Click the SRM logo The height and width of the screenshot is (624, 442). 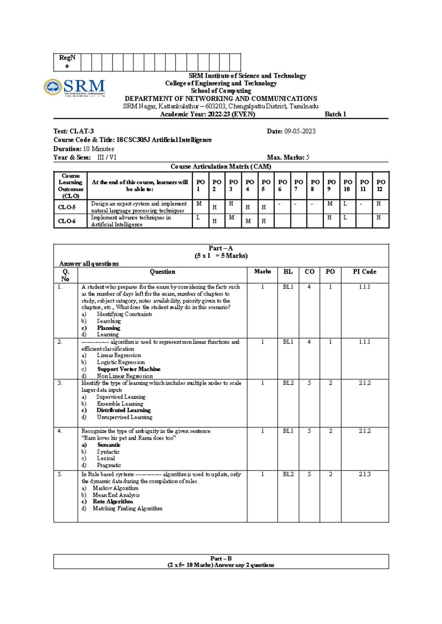[74, 88]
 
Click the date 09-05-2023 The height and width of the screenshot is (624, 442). [300, 131]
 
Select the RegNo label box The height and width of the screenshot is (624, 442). [67, 62]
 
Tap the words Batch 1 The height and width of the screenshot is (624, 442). [335, 114]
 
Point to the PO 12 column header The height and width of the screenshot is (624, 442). [381, 185]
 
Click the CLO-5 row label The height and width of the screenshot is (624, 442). [67, 207]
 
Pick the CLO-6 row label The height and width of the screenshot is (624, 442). [67, 221]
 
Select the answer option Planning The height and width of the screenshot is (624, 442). [109, 328]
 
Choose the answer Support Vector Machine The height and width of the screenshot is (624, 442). [129, 369]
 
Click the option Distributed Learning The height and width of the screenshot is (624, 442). [123, 410]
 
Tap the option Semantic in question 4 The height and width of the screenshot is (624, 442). [109, 445]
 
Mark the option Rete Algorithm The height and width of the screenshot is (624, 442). [113, 501]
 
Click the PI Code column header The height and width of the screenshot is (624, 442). [364, 272]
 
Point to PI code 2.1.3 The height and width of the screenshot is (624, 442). [364, 474]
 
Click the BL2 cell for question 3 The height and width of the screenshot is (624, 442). [288, 383]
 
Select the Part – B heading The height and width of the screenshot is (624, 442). [221, 558]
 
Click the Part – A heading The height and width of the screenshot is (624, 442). [221, 248]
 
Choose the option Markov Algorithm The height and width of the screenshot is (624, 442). [116, 488]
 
